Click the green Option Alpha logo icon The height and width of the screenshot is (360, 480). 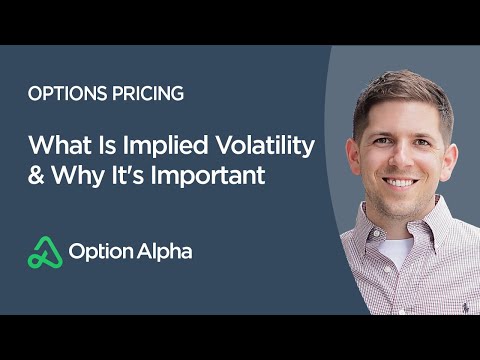43,251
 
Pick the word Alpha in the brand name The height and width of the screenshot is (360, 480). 162,251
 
